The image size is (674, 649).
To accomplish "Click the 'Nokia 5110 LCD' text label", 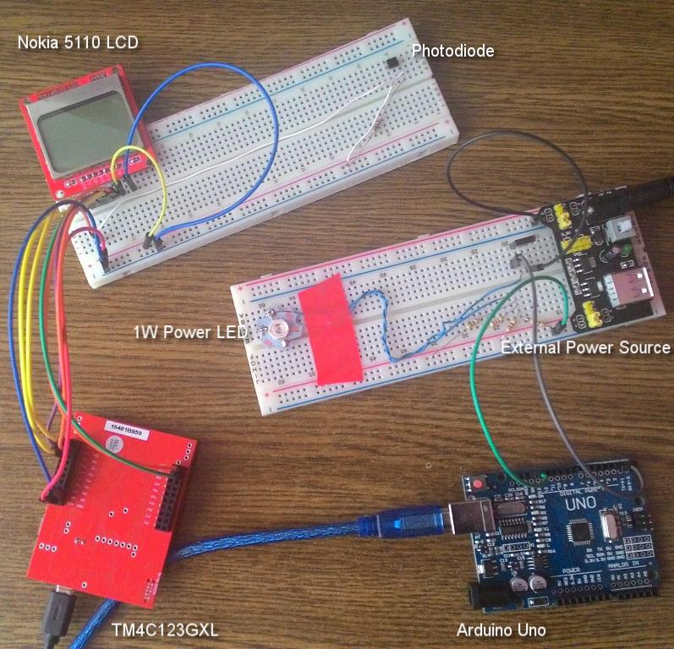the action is click(x=77, y=43).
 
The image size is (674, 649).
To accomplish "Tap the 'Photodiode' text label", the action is click(x=452, y=52).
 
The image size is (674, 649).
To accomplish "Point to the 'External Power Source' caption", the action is click(x=585, y=347).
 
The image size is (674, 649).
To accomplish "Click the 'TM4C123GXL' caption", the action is click(x=161, y=629).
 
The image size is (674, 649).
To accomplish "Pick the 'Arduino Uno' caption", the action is click(x=501, y=630).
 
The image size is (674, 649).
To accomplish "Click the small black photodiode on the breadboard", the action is click(x=392, y=63).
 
